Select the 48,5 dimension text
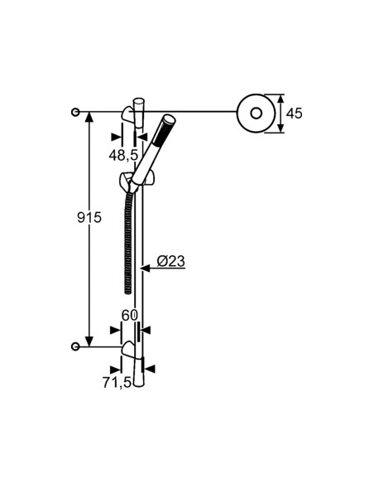click(x=122, y=154)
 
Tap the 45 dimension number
click(x=294, y=112)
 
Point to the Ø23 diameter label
click(x=170, y=262)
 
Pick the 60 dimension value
click(x=130, y=315)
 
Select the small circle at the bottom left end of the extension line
click(x=76, y=346)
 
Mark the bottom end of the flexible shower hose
click(x=127, y=288)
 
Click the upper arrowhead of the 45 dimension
click(x=280, y=99)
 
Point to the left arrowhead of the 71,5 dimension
click(x=116, y=369)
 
